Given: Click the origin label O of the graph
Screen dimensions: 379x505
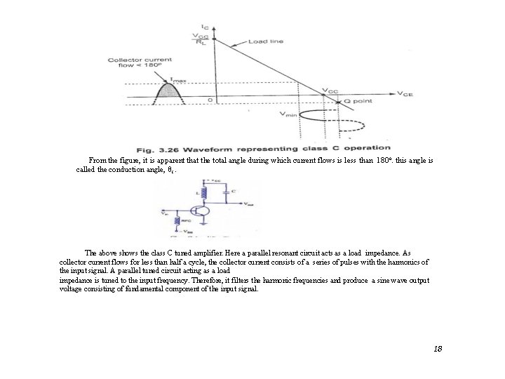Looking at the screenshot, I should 209,100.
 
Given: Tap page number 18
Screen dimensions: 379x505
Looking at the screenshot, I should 438,349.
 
